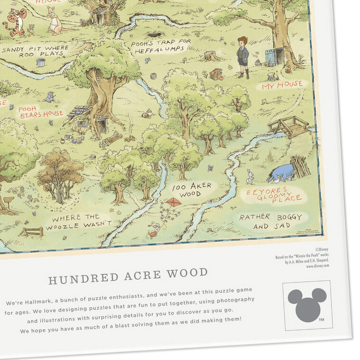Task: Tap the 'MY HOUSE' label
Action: tap(282, 85)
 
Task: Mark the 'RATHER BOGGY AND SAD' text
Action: tap(270, 221)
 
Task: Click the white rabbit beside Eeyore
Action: tap(250, 176)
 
